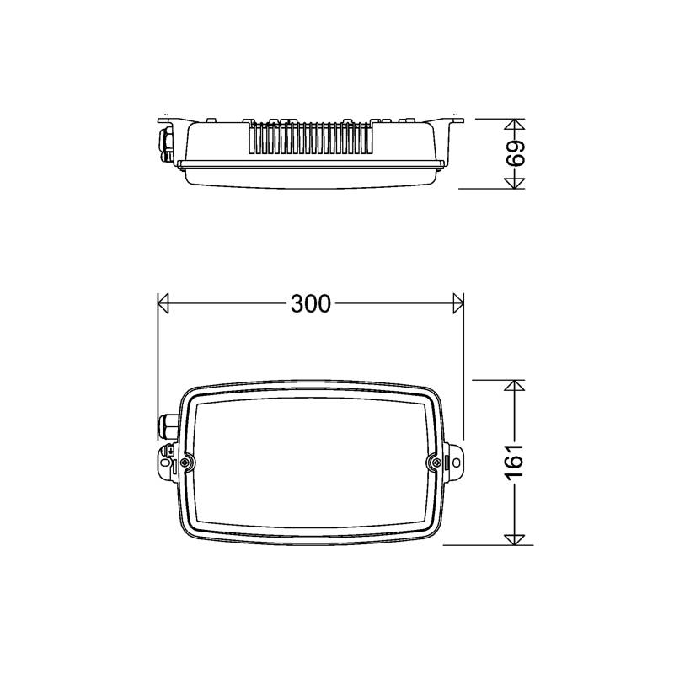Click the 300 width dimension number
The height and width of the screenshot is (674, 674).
click(310, 303)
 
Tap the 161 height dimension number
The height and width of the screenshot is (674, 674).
click(515, 462)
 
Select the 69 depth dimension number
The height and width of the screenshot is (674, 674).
click(516, 152)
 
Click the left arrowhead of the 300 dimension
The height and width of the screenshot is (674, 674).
click(163, 303)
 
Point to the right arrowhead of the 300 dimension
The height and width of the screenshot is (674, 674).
click(458, 303)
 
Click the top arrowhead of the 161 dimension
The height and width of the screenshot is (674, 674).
click(515, 385)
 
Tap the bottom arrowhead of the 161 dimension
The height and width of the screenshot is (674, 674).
click(515, 539)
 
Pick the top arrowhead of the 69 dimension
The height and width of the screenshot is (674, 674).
click(515, 124)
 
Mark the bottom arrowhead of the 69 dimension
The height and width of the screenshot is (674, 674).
click(515, 183)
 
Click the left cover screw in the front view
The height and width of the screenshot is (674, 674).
click(185, 462)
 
